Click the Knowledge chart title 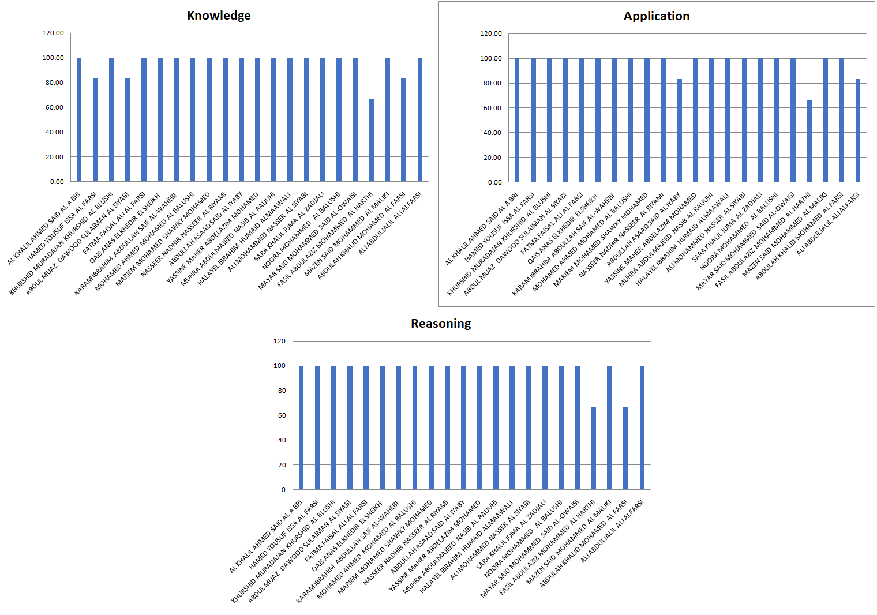[x=219, y=16]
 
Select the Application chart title [x=657, y=16]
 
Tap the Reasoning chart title [x=441, y=324]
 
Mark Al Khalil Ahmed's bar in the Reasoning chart [x=301, y=427]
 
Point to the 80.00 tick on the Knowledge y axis [x=53, y=82]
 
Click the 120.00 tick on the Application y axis [x=491, y=33]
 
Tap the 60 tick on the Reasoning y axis [x=282, y=415]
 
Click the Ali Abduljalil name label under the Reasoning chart [x=612, y=531]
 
